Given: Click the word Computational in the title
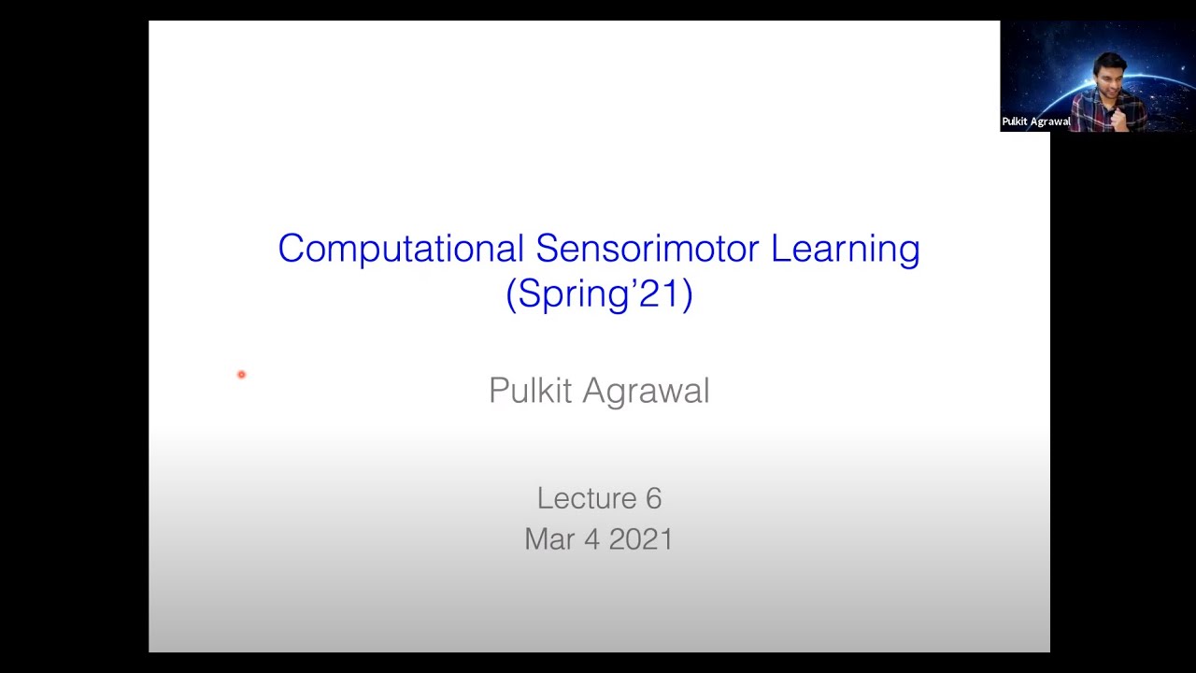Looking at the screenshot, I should click(x=400, y=250).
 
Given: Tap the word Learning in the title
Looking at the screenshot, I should click(x=845, y=250).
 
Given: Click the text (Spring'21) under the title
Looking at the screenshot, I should click(x=599, y=294).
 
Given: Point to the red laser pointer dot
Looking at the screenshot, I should click(x=241, y=375).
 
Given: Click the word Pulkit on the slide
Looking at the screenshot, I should click(x=530, y=391).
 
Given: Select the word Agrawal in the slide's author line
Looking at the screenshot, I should click(x=646, y=391).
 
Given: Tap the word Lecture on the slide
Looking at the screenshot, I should click(x=586, y=498).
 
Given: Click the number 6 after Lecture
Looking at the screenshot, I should click(x=653, y=498).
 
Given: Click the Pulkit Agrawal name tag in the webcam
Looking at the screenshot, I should click(x=1036, y=122).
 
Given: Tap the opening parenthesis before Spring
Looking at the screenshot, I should click(x=510, y=294).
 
